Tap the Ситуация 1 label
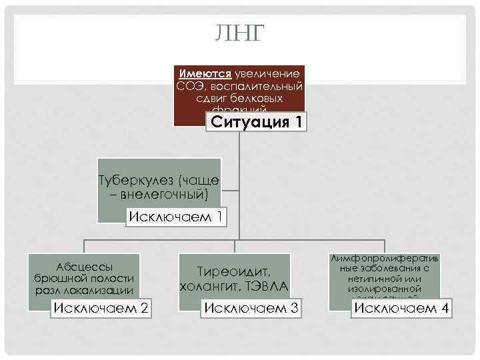[x=256, y=122]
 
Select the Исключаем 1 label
[x=175, y=217]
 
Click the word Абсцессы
[x=84, y=265]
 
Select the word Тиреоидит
[x=233, y=272]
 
